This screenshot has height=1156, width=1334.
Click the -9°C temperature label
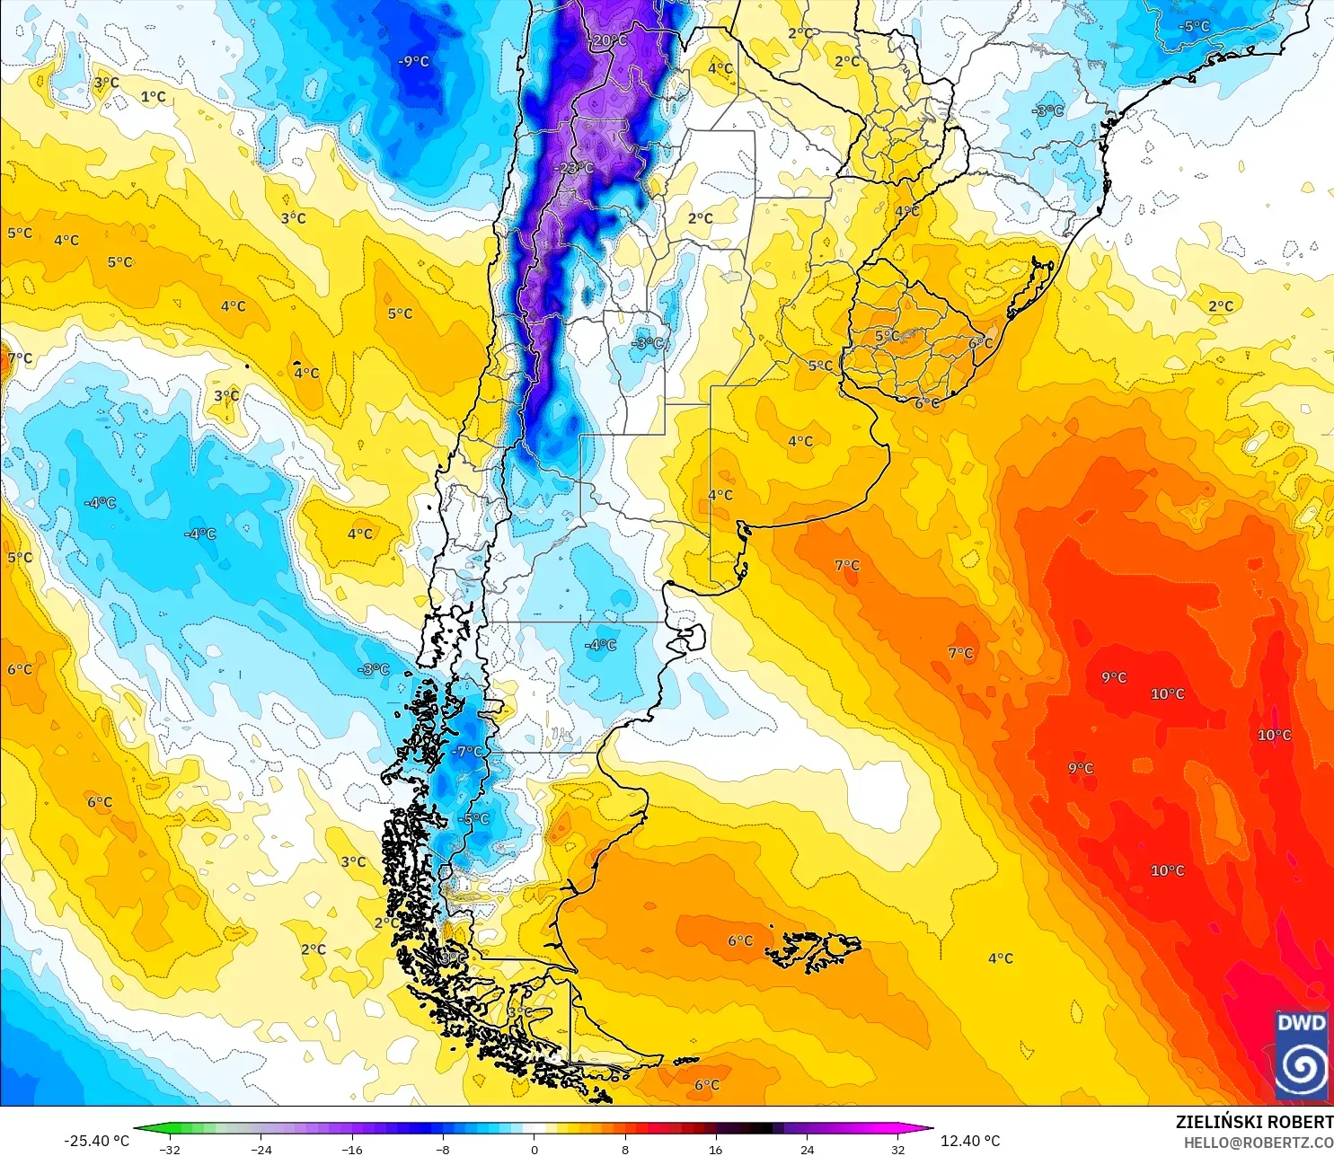[413, 61]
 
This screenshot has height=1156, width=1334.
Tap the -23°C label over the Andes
[575, 168]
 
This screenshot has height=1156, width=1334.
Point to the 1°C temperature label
[153, 97]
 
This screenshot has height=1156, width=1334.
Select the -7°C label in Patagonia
[467, 751]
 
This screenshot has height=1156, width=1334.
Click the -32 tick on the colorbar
[170, 1149]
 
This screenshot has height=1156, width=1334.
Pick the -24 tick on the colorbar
[261, 1149]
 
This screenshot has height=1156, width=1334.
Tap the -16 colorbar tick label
[352, 1149]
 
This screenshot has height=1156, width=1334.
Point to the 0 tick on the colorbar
[534, 1149]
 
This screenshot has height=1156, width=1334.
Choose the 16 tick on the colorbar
[715, 1149]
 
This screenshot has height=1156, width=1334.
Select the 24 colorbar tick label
[807, 1149]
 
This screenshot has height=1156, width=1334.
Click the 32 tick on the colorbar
[897, 1149]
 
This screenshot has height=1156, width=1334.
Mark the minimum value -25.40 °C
[96, 1141]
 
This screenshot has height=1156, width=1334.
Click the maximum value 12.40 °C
[970, 1141]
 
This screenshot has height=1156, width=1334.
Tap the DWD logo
[1302, 1056]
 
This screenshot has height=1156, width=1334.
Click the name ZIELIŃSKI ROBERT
[1254, 1122]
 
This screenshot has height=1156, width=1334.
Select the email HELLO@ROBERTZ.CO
[1258, 1143]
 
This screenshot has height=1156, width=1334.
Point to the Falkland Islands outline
[819, 950]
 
